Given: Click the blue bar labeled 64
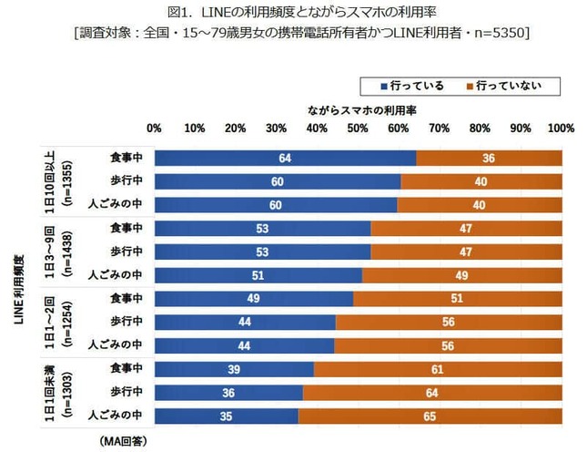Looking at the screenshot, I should (285, 158).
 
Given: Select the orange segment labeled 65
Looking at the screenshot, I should (430, 416).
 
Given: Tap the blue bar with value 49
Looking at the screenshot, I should (254, 298).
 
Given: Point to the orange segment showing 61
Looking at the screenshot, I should (438, 368).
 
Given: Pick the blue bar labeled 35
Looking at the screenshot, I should (226, 416).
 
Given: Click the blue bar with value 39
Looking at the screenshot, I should (234, 368).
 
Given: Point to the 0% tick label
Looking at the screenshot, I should (154, 128).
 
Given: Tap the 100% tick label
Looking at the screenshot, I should (562, 128).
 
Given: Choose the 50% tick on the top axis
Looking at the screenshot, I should (358, 128).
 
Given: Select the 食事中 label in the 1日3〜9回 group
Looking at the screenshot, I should (126, 228).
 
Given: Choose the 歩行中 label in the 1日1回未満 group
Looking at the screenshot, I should (126, 392).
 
